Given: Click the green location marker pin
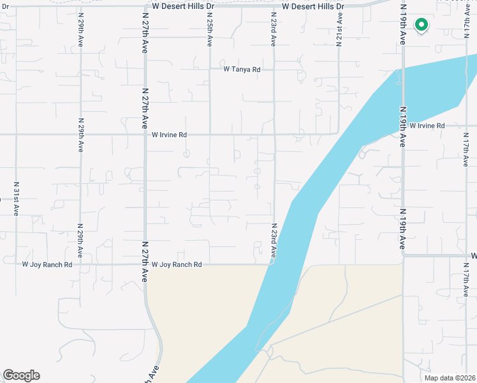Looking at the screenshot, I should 421,25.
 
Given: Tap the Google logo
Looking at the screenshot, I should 21,375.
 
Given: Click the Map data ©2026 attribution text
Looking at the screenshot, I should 449,378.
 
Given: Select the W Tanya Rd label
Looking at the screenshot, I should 242,70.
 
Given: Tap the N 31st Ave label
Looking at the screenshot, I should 16,198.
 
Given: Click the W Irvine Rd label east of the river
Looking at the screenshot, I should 427,126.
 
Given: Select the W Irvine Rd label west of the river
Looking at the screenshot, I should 169,135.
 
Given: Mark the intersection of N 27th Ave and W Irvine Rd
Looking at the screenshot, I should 145,135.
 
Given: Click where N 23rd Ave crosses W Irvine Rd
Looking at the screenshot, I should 274,135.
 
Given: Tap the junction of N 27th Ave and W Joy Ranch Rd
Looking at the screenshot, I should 145,264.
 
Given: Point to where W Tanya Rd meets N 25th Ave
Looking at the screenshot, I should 210,70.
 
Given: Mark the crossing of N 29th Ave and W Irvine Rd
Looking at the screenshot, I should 80,135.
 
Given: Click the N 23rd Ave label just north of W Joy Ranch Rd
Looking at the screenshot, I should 274,240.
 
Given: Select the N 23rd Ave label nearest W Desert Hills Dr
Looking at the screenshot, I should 273,29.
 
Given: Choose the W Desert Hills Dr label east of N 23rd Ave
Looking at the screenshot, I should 312,6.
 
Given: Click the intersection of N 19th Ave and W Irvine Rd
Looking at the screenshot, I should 403,126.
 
